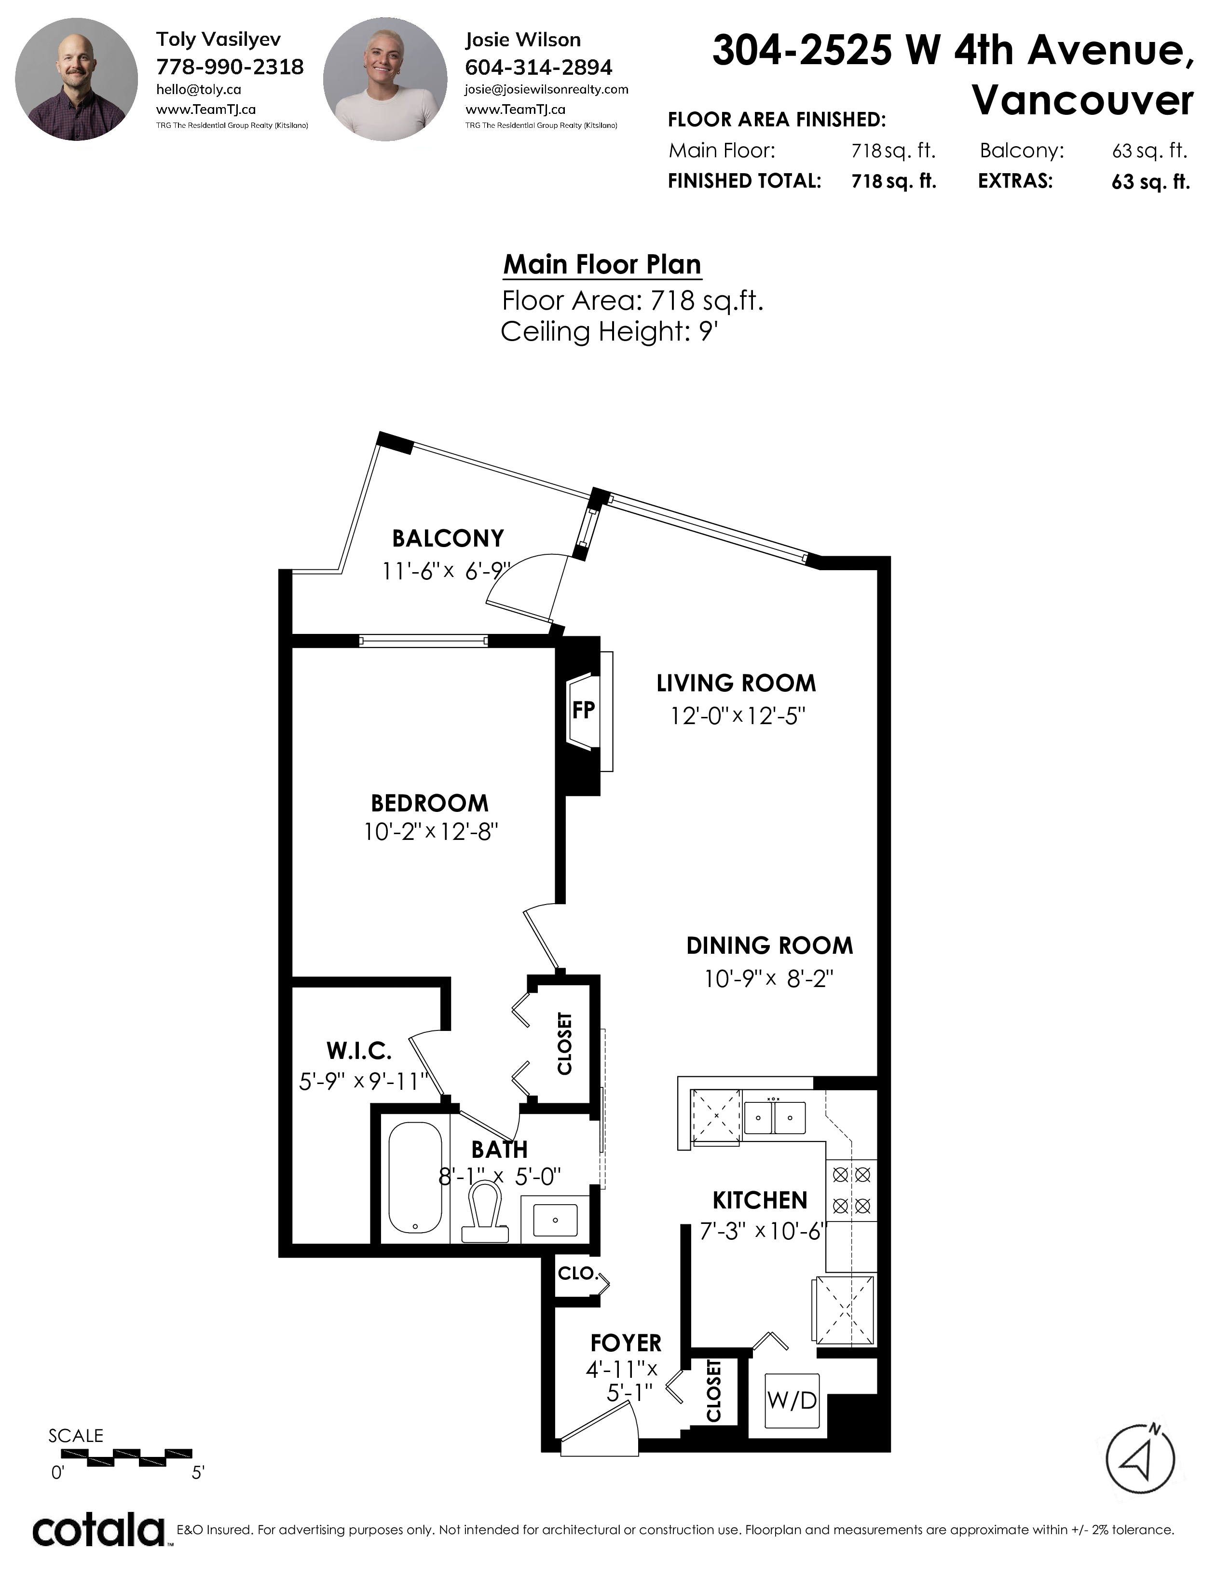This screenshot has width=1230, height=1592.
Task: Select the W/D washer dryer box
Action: tap(792, 1401)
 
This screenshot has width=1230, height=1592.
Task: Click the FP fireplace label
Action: tap(583, 710)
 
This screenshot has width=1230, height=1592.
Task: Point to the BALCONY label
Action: tap(448, 539)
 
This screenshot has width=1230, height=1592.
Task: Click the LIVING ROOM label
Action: tap(736, 684)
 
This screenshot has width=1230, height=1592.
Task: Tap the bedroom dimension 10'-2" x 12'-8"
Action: tap(431, 832)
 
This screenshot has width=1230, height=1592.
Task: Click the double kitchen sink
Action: tap(775, 1117)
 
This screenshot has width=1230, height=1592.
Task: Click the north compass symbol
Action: tap(1140, 1458)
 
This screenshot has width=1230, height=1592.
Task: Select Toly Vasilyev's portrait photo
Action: tap(77, 80)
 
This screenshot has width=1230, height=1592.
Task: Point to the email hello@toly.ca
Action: tap(198, 90)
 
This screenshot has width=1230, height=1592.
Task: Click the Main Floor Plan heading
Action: tap(602, 264)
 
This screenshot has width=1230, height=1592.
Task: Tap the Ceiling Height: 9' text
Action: tap(609, 332)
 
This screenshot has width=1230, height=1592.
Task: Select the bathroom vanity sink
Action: tap(555, 1220)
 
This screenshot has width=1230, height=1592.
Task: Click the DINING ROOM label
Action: tap(769, 946)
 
